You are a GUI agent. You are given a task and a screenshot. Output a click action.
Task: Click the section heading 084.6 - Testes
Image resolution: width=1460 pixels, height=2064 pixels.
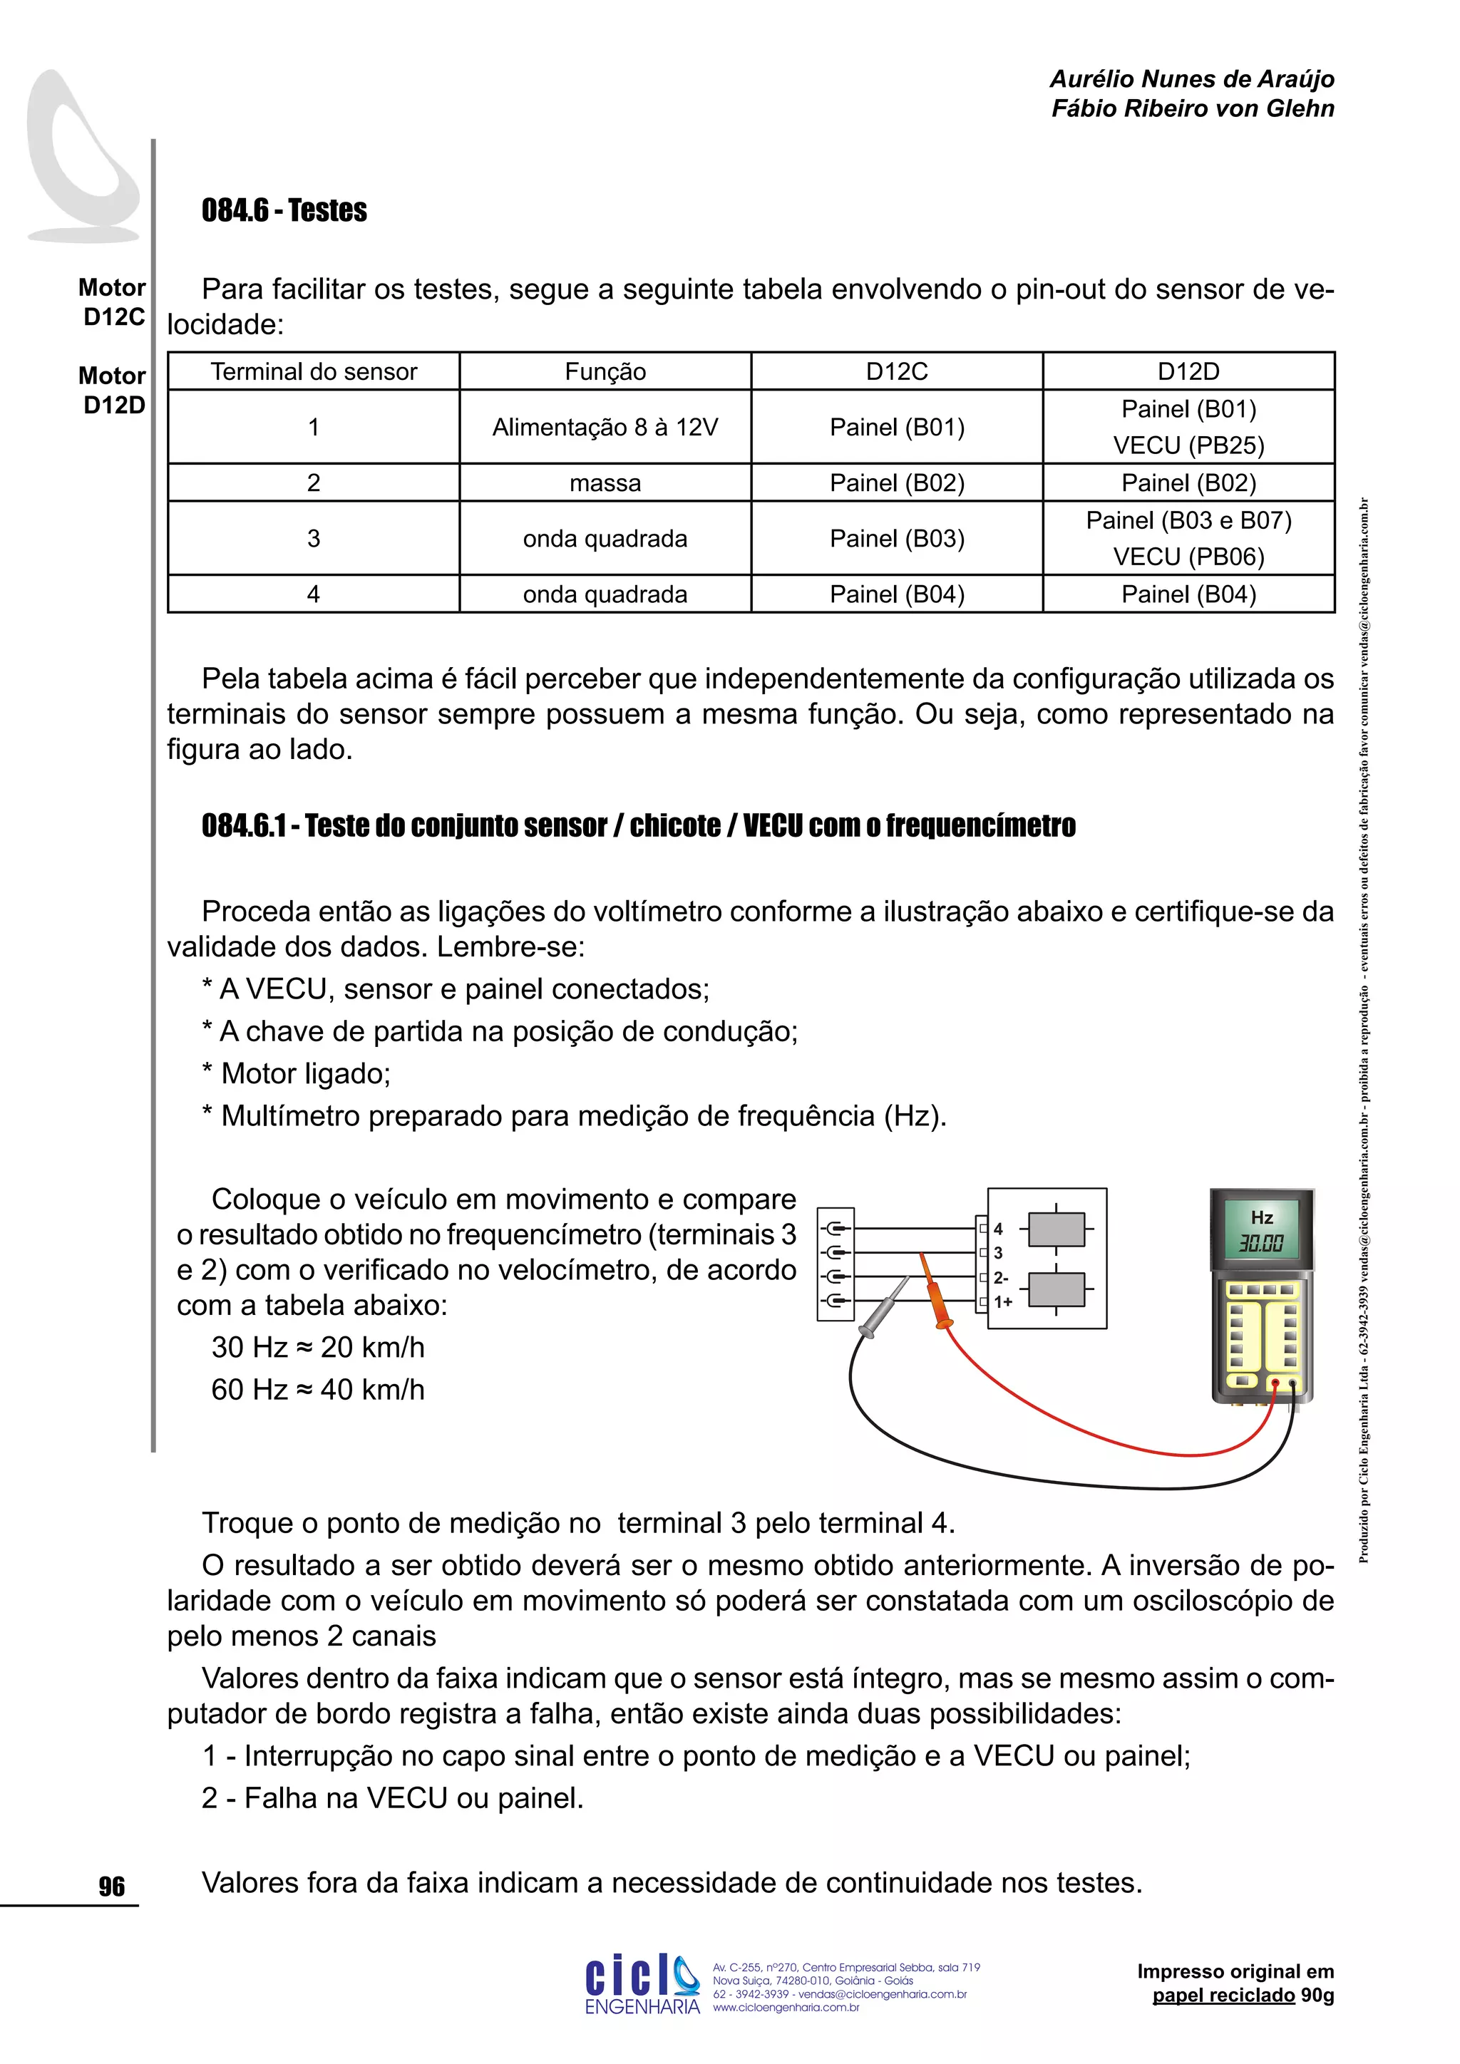point(284,210)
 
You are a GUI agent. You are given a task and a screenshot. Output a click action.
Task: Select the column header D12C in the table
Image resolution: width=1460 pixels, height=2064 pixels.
point(896,371)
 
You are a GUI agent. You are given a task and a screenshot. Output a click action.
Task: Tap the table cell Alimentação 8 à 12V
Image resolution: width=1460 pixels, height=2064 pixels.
point(605,427)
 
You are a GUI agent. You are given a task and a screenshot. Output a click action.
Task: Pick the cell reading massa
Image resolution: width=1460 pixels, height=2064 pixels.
point(605,483)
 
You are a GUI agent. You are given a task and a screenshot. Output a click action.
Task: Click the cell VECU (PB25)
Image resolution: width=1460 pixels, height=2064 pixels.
point(1188,445)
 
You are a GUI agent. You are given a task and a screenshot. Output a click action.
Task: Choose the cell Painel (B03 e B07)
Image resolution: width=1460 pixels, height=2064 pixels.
point(1188,520)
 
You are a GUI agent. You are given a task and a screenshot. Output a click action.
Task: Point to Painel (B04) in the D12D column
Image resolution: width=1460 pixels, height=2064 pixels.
point(1188,594)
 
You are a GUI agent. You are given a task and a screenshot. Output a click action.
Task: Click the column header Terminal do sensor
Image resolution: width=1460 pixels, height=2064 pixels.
point(314,371)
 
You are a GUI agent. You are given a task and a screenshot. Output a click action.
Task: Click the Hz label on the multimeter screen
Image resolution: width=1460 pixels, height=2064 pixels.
point(1261,1217)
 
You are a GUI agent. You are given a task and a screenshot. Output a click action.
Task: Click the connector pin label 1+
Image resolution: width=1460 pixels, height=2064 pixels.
point(1002,1301)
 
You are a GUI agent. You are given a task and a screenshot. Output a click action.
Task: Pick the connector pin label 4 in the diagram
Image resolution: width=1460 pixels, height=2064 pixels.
point(998,1229)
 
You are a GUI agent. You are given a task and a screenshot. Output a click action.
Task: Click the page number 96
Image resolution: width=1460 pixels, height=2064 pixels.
point(111,1886)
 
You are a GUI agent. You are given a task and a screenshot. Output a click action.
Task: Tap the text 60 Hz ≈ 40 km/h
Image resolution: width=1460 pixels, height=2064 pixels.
point(317,1390)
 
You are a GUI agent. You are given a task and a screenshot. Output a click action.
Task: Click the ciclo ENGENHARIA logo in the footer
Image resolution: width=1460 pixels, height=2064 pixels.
point(642,1984)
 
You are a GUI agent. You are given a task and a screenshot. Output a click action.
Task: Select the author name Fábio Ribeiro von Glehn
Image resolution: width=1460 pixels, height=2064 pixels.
point(1192,109)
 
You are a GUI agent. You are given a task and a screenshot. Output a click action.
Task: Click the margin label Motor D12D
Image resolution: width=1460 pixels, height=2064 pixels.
point(113,390)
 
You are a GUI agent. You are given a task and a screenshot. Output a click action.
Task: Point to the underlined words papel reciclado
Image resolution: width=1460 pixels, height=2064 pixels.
point(1223,1995)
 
